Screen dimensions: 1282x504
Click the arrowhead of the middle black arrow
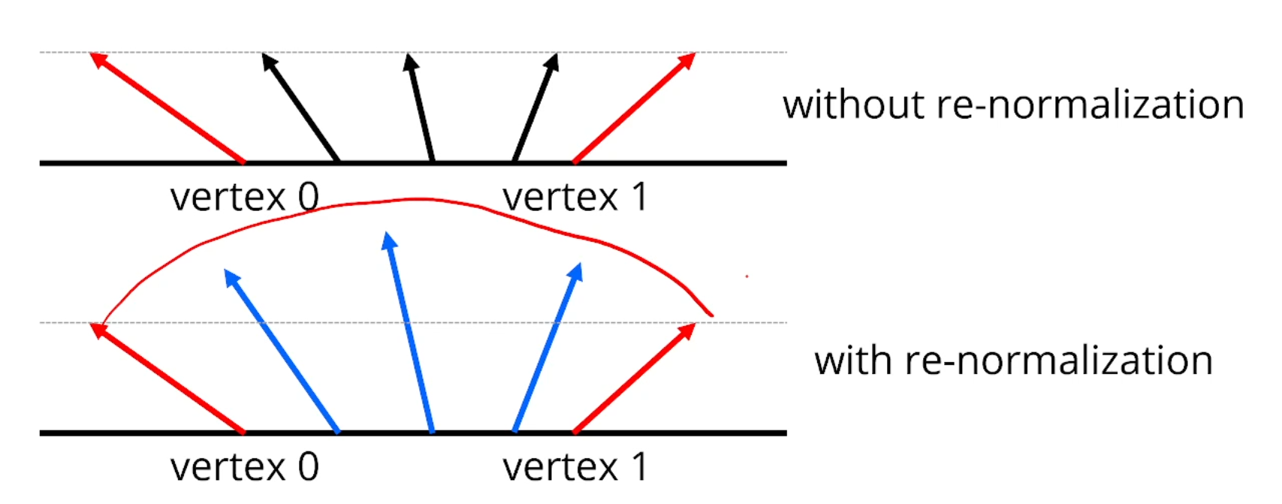click(410, 62)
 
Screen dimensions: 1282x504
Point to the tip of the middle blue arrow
click(388, 240)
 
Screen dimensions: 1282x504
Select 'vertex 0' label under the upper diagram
click(244, 198)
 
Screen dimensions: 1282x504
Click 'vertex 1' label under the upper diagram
click(575, 198)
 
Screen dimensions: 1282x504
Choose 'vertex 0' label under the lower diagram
click(244, 467)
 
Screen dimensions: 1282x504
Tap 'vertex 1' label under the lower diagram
click(575, 467)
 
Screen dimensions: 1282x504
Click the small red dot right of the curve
click(747, 276)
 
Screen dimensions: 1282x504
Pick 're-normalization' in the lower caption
click(1058, 361)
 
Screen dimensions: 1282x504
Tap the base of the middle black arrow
click(433, 159)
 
